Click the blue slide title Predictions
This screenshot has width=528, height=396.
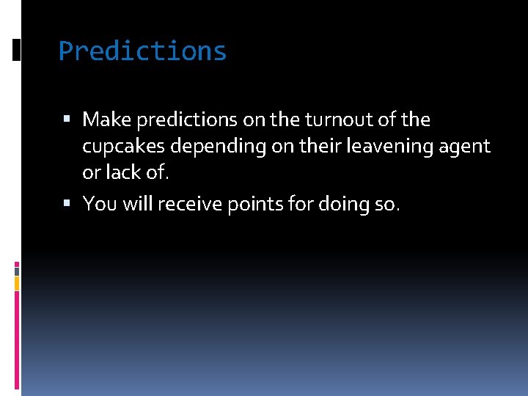pyautogui.click(x=142, y=51)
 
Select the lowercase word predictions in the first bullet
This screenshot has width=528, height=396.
pyautogui.click(x=177, y=120)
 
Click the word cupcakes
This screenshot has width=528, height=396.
pyautogui.click(x=124, y=147)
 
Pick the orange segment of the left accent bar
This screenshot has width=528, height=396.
pyautogui.click(x=17, y=282)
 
